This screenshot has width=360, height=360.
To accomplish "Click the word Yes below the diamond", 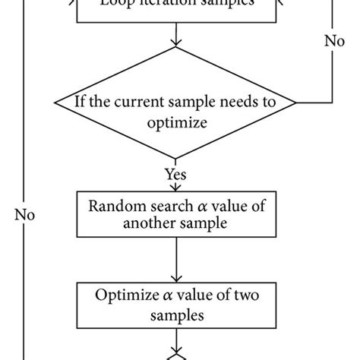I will (175, 174).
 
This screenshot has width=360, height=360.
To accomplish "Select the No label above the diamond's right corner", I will (334, 62).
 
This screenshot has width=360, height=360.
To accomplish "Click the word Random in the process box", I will (113, 206).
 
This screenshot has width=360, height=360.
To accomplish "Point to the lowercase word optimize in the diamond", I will (175, 119).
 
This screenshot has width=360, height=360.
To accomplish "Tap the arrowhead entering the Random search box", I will (175, 189).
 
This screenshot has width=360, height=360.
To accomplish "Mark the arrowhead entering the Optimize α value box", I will (175, 278).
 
